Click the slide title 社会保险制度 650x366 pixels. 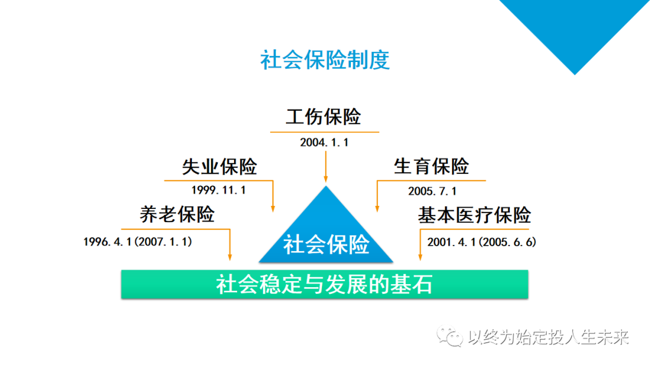[x=324, y=60]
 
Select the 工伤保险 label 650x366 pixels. [x=323, y=116]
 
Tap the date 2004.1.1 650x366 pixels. [x=324, y=143]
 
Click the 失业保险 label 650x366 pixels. [x=219, y=167]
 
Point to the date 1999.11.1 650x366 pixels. [x=218, y=190]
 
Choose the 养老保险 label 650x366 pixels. [x=177, y=214]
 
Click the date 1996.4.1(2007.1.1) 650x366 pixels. [x=138, y=241]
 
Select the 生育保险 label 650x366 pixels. [x=431, y=167]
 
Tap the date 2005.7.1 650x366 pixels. [x=432, y=191]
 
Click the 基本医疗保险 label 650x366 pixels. [x=474, y=215]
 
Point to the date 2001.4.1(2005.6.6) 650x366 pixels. [x=481, y=242]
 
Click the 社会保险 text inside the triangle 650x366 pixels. [x=326, y=244]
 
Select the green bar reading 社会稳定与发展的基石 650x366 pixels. [x=324, y=284]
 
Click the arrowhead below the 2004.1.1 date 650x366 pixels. [x=326, y=179]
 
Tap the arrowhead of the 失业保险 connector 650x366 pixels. [x=273, y=209]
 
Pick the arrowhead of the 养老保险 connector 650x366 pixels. [x=230, y=257]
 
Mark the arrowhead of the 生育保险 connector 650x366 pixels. [x=377, y=209]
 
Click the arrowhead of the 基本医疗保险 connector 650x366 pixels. [x=420, y=257]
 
